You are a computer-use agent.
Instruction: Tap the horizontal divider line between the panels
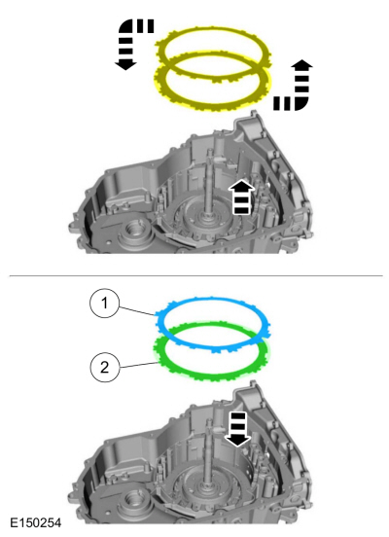click(194, 275)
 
